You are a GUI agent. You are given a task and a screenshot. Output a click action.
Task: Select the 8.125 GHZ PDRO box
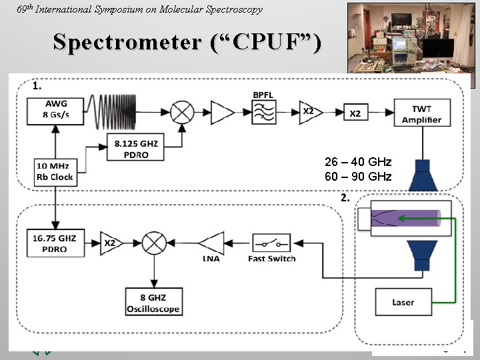click(136, 148)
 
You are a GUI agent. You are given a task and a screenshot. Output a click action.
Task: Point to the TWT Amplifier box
click(421, 114)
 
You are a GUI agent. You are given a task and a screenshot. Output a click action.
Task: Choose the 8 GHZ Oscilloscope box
click(153, 304)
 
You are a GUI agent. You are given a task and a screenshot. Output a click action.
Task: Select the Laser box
click(403, 302)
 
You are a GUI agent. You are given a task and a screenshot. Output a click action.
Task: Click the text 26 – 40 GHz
click(358, 162)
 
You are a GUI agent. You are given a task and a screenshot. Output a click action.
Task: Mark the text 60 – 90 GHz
click(358, 176)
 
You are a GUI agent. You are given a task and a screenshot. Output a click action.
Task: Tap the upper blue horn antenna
click(421, 175)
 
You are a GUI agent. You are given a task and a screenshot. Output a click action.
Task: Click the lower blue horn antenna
click(421, 256)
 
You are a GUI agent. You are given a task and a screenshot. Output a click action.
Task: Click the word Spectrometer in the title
click(127, 42)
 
